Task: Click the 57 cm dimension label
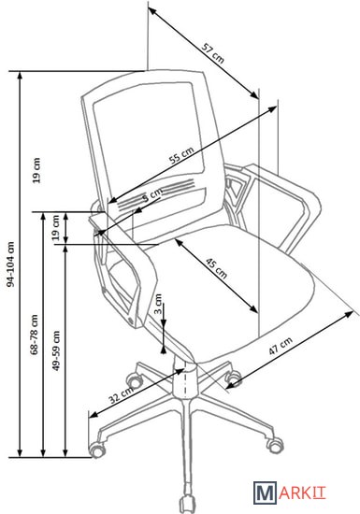213,52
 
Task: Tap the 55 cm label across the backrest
181,155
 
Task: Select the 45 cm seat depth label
216,268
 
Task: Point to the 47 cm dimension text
281,346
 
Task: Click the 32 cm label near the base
122,394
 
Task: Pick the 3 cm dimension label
158,304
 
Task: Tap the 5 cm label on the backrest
152,194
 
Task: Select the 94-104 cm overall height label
11,264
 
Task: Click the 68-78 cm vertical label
34,335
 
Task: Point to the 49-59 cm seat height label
56,350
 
